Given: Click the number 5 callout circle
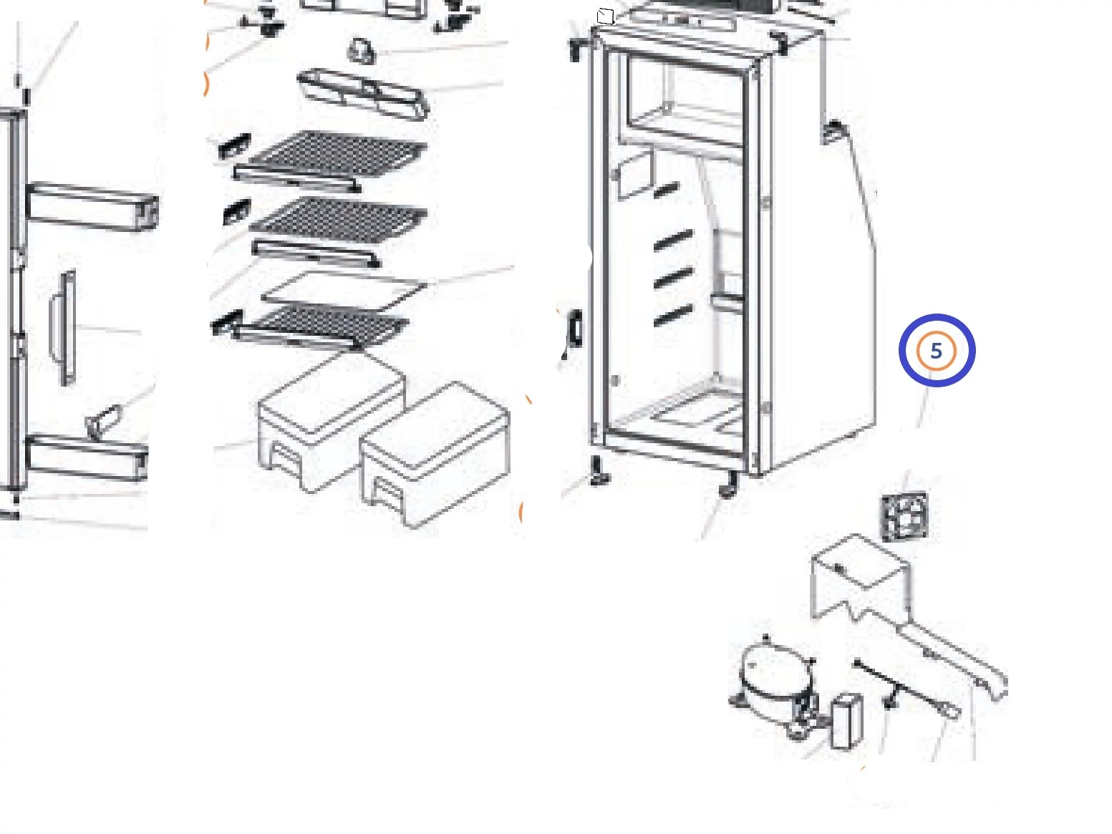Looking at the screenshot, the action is pos(936,351).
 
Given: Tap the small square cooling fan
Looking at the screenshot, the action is pos(905,517).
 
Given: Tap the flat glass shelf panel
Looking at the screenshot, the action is pos(344,290).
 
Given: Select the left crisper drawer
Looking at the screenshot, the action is pos(332,423).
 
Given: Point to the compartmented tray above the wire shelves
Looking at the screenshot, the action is pos(363,94).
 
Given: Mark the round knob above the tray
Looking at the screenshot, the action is pos(361,52).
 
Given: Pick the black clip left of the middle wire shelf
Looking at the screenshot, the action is pos(236,212).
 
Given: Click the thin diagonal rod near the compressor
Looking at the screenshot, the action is pos(906,689).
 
